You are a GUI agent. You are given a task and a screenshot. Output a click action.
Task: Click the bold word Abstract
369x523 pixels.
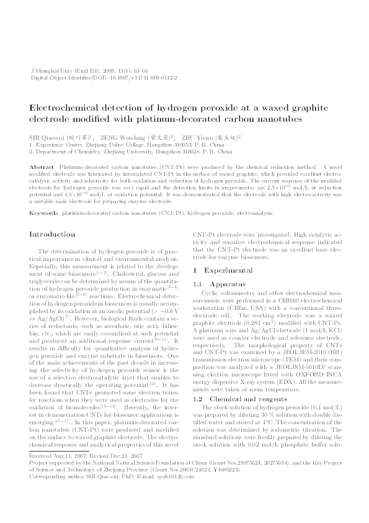tap(41, 168)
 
